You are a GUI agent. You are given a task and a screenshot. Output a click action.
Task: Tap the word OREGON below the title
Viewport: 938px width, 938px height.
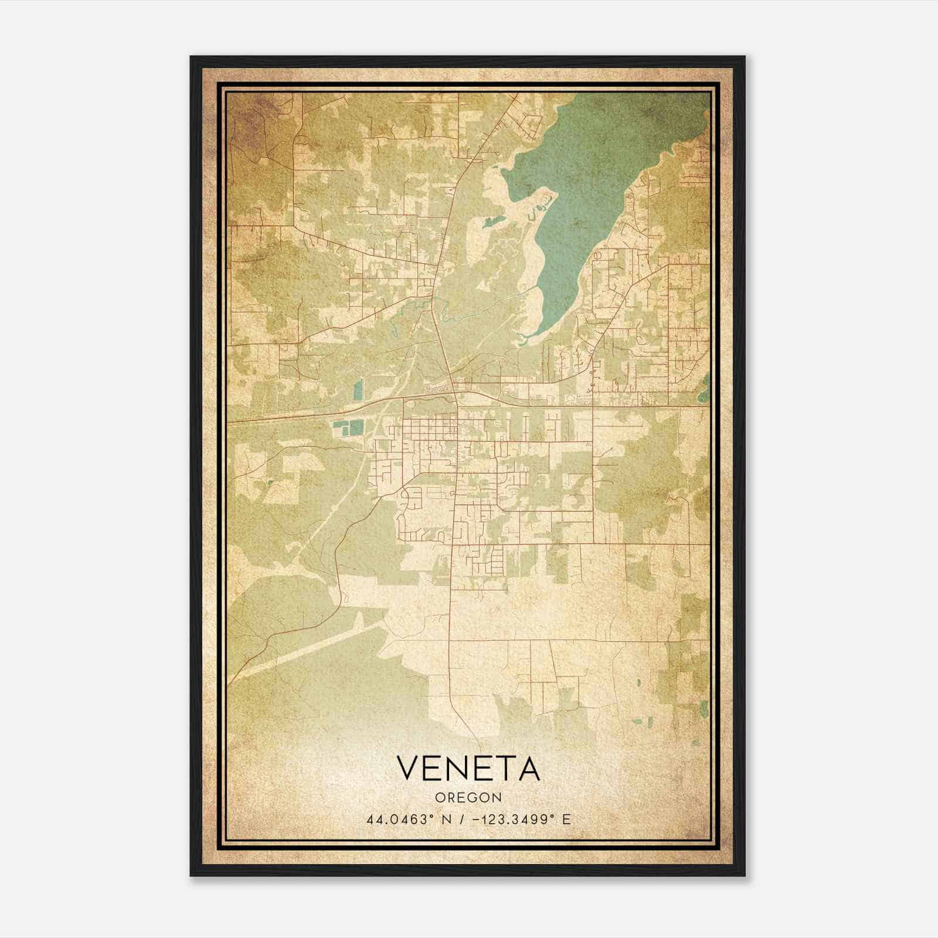coord(468,797)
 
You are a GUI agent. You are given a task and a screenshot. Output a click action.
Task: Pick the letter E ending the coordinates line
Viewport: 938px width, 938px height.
coord(566,820)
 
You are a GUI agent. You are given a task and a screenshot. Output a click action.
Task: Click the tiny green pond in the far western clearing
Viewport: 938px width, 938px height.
coord(269,483)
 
